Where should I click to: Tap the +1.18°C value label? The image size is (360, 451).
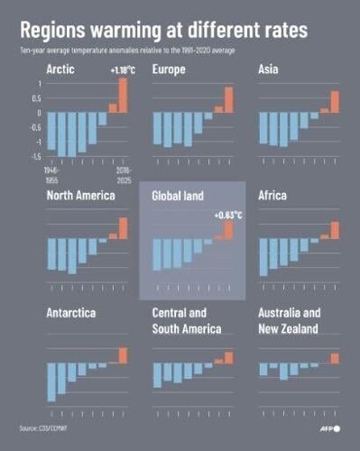coord(123,69)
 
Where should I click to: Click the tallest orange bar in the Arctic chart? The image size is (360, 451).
coord(123,96)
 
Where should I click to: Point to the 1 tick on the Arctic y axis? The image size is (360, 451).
coord(39,84)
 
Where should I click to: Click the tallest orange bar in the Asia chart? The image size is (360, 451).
coord(335,102)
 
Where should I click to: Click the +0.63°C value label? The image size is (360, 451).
coord(227,215)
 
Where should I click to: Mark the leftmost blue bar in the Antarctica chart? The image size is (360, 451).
coord(51,382)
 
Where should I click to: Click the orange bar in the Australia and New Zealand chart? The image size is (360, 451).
coord(335,358)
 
